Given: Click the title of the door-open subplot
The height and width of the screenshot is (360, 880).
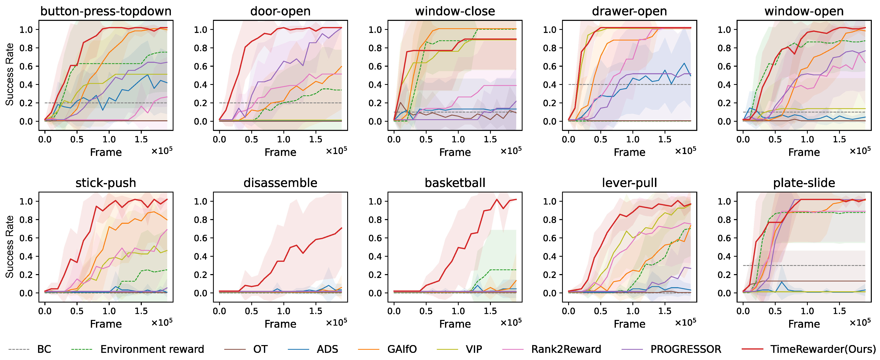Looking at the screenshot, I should (x=280, y=11).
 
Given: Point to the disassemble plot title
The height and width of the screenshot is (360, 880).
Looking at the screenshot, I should (x=280, y=183).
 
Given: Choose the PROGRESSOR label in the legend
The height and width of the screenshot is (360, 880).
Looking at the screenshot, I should (x=686, y=349).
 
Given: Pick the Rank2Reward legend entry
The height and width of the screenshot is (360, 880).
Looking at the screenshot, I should (x=566, y=349).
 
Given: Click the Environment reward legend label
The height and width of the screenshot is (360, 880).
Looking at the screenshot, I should (x=152, y=349).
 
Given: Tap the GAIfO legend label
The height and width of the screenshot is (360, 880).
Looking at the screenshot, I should (x=402, y=349).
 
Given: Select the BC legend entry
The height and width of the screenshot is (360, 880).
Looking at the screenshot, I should (x=44, y=349).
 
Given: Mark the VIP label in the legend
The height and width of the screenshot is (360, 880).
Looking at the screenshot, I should (x=474, y=349).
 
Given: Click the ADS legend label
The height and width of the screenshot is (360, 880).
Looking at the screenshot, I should (x=327, y=349).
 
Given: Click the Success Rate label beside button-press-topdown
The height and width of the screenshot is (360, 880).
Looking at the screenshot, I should (x=10, y=74).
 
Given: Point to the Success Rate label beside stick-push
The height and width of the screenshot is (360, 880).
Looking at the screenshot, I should (x=10, y=247).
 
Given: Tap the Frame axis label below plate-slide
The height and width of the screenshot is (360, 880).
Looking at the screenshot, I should (x=804, y=324).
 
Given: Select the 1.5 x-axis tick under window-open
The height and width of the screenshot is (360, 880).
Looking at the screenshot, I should (x=839, y=139).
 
